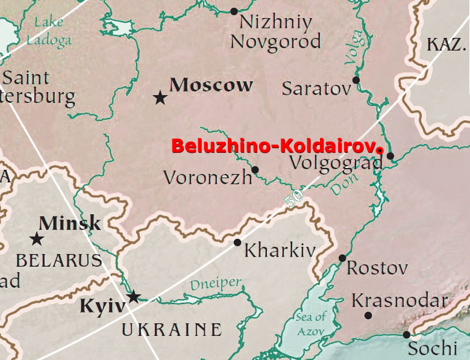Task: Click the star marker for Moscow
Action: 160,97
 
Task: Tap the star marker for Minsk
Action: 37,239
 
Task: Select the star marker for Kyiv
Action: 134,296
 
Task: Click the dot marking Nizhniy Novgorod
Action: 234,11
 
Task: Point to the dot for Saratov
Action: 356,79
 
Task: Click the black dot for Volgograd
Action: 390,156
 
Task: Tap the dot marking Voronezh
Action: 255,170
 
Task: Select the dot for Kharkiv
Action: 237,242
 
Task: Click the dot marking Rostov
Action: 342,258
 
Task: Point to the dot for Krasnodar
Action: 368,315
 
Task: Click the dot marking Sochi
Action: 407,334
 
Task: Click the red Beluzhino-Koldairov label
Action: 278,146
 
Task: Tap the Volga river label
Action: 354,46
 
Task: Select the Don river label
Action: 345,184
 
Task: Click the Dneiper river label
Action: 215,284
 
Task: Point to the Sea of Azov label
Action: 310,324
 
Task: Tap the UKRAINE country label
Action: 172,329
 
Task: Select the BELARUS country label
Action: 58,260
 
